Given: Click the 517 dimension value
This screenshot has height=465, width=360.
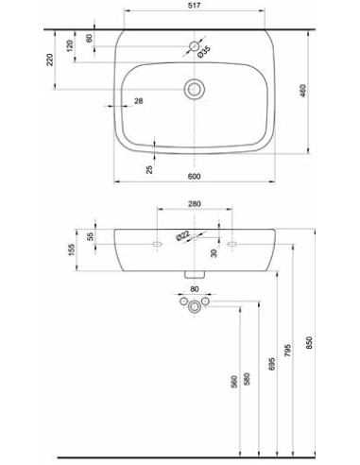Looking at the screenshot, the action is pyautogui.click(x=195, y=6).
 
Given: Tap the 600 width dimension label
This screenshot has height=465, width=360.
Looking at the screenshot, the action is pyautogui.click(x=194, y=177).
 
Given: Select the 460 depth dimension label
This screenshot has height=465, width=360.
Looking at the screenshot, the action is pyautogui.click(x=302, y=91).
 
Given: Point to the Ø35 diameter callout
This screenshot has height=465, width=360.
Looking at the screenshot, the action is pyautogui.click(x=204, y=52).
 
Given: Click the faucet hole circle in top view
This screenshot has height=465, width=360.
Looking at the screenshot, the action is pyautogui.click(x=195, y=46).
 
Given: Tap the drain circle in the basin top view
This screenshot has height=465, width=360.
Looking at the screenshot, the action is pyautogui.click(x=195, y=89).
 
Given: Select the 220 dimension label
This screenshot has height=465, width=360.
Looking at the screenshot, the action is pyautogui.click(x=50, y=60).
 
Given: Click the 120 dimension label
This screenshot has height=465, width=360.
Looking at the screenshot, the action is pyautogui.click(x=70, y=45).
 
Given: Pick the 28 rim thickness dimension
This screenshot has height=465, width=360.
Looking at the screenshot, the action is pyautogui.click(x=139, y=101).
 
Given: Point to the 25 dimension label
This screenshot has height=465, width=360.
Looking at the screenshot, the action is pyautogui.click(x=149, y=169).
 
